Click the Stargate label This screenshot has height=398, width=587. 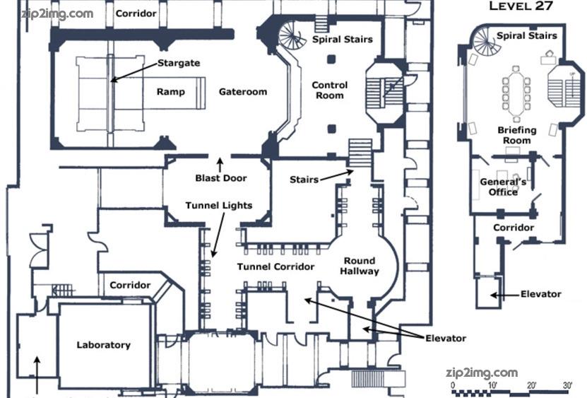pos(179,63)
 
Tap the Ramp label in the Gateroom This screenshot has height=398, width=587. pos(171,92)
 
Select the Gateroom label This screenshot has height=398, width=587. pos(243,92)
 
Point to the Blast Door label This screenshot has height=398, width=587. pos(221,178)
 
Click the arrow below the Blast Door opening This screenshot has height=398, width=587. pos(220,165)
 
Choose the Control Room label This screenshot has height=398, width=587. pos(329,90)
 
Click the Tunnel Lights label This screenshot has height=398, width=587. pos(219,206)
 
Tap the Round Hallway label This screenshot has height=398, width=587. pos(360,266)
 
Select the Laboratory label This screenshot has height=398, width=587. pos(103,345)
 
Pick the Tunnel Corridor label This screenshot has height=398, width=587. pos(275,267)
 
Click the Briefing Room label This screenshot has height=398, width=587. pos(516,135)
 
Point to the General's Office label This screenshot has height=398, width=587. pos(503,187)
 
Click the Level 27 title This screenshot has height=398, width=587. pos(521,6)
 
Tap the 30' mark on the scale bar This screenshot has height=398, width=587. pos(567,385)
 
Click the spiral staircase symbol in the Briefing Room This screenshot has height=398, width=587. pos(486,41)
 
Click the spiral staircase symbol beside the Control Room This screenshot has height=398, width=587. pos(292,35)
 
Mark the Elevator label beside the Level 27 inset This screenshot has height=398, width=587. pos(540,294)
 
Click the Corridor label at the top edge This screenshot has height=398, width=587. pos(136,13)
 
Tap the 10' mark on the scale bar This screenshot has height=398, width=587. pos(492,385)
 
